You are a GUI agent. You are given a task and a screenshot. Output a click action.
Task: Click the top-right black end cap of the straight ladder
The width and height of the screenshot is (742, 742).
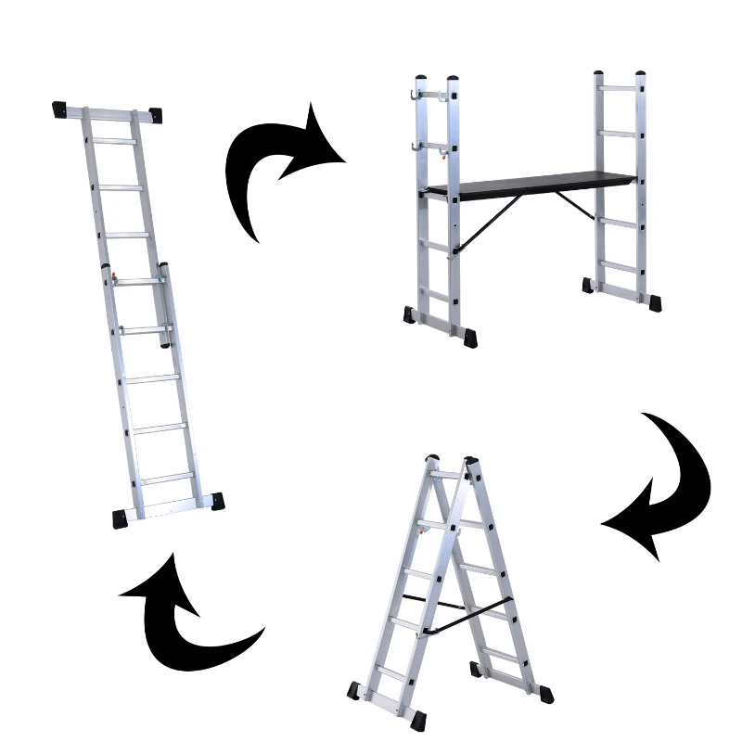(153, 115)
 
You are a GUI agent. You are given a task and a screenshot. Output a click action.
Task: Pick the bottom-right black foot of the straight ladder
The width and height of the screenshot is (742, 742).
(216, 501)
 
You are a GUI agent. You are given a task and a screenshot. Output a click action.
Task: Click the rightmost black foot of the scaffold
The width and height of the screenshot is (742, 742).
(657, 302)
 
